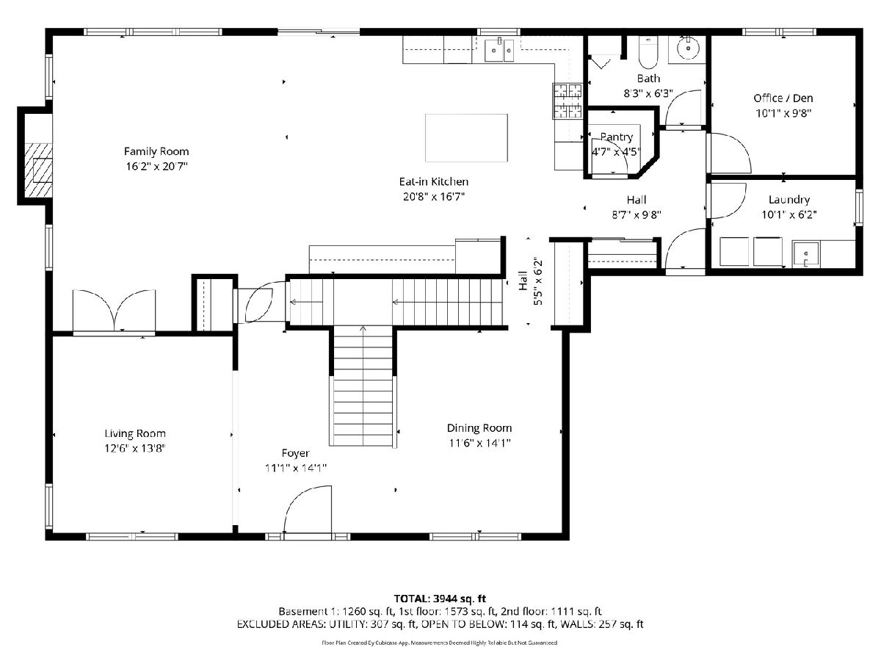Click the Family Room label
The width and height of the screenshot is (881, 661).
pos(156,151)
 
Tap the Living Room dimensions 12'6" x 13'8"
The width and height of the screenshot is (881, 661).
pos(135,448)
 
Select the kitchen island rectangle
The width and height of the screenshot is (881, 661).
pos(466,137)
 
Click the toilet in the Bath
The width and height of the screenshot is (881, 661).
pos(648,52)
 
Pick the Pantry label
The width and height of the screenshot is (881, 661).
pos(617,137)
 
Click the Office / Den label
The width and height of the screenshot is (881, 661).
pos(783,98)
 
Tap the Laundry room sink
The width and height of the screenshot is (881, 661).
pos(805,253)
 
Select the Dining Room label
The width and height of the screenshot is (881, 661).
pos(479,428)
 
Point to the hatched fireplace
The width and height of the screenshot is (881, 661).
pos(38,170)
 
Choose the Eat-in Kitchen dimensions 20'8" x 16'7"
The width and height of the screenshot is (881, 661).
pos(433,197)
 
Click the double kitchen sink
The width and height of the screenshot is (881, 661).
pos(499,50)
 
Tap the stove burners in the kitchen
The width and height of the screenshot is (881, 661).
pos(567,101)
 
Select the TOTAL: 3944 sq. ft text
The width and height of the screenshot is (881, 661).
pos(440,599)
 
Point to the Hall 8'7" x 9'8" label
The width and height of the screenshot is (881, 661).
pos(637,207)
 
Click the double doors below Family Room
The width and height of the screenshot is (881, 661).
pos(114,310)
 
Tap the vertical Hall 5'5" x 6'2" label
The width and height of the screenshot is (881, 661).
pos(531,281)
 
